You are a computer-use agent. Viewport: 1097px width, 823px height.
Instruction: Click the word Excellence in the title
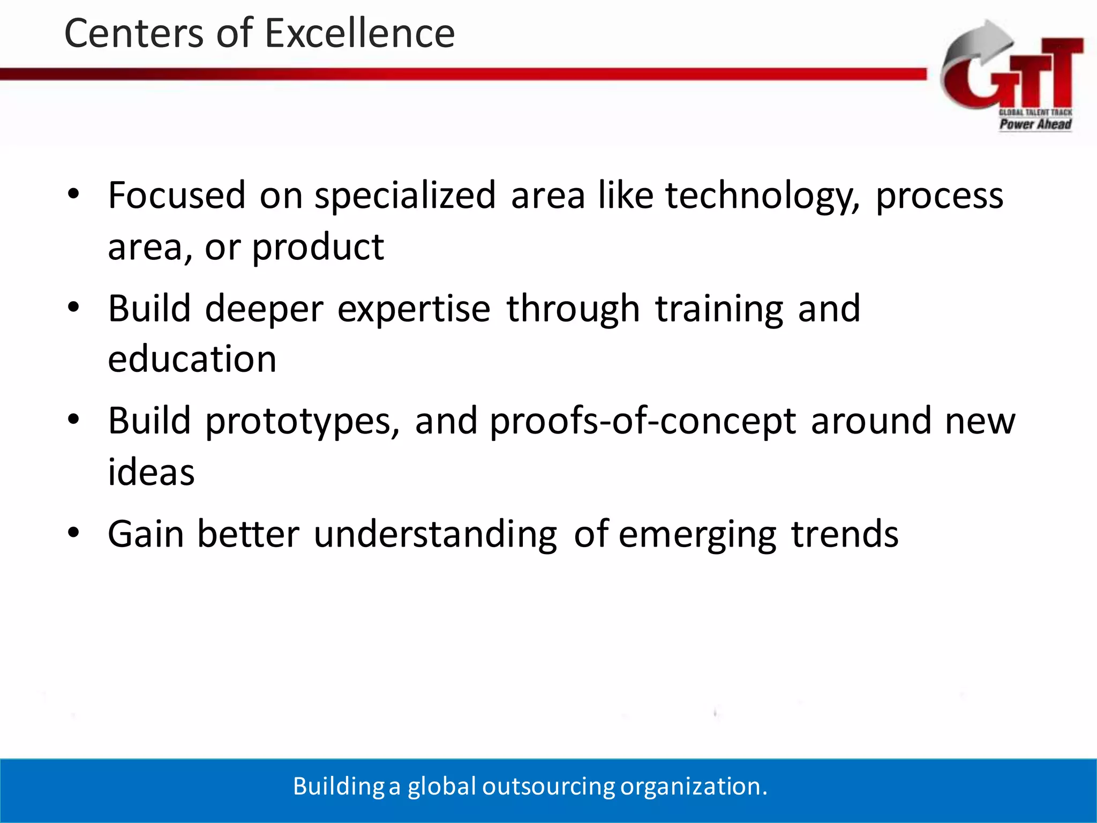click(359, 33)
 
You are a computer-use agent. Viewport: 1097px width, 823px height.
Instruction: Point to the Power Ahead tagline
click(1035, 124)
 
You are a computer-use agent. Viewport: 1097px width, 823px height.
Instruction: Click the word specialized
click(405, 196)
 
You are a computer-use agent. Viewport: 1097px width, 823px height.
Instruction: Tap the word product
click(318, 248)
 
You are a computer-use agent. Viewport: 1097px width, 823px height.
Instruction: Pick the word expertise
click(414, 310)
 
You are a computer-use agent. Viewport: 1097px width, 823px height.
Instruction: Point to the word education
click(192, 359)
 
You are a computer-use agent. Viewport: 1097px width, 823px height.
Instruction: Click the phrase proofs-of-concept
click(643, 422)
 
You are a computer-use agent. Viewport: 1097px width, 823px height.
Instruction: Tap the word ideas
click(151, 473)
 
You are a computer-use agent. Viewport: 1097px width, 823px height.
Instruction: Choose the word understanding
click(435, 535)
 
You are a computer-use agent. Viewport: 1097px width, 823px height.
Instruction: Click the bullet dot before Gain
click(73, 533)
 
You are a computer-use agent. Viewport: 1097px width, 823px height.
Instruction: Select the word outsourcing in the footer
click(548, 787)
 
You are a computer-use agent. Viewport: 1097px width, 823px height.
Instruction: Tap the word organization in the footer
click(691, 787)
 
